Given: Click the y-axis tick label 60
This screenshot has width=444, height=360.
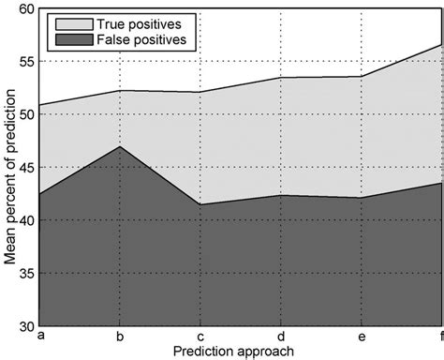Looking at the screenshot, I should point(26,8).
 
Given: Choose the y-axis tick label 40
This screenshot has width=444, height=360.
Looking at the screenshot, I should point(26,220).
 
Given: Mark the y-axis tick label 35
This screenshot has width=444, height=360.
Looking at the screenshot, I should point(26,274).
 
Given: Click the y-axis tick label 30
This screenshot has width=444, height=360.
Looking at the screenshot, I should point(26,326).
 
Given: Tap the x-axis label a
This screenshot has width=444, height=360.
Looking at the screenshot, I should point(39,336).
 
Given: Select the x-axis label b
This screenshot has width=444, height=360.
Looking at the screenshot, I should point(120,336).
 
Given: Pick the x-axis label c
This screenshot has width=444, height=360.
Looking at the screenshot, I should point(200,336).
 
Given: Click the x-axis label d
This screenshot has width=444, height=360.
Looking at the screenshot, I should point(281,336).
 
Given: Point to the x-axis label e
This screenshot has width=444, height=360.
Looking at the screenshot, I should point(362,336).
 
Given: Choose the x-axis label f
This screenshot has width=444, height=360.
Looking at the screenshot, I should point(440,336).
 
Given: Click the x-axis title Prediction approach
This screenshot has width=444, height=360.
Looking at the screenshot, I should point(241,351).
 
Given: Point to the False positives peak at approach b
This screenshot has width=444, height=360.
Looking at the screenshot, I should point(120,147).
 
